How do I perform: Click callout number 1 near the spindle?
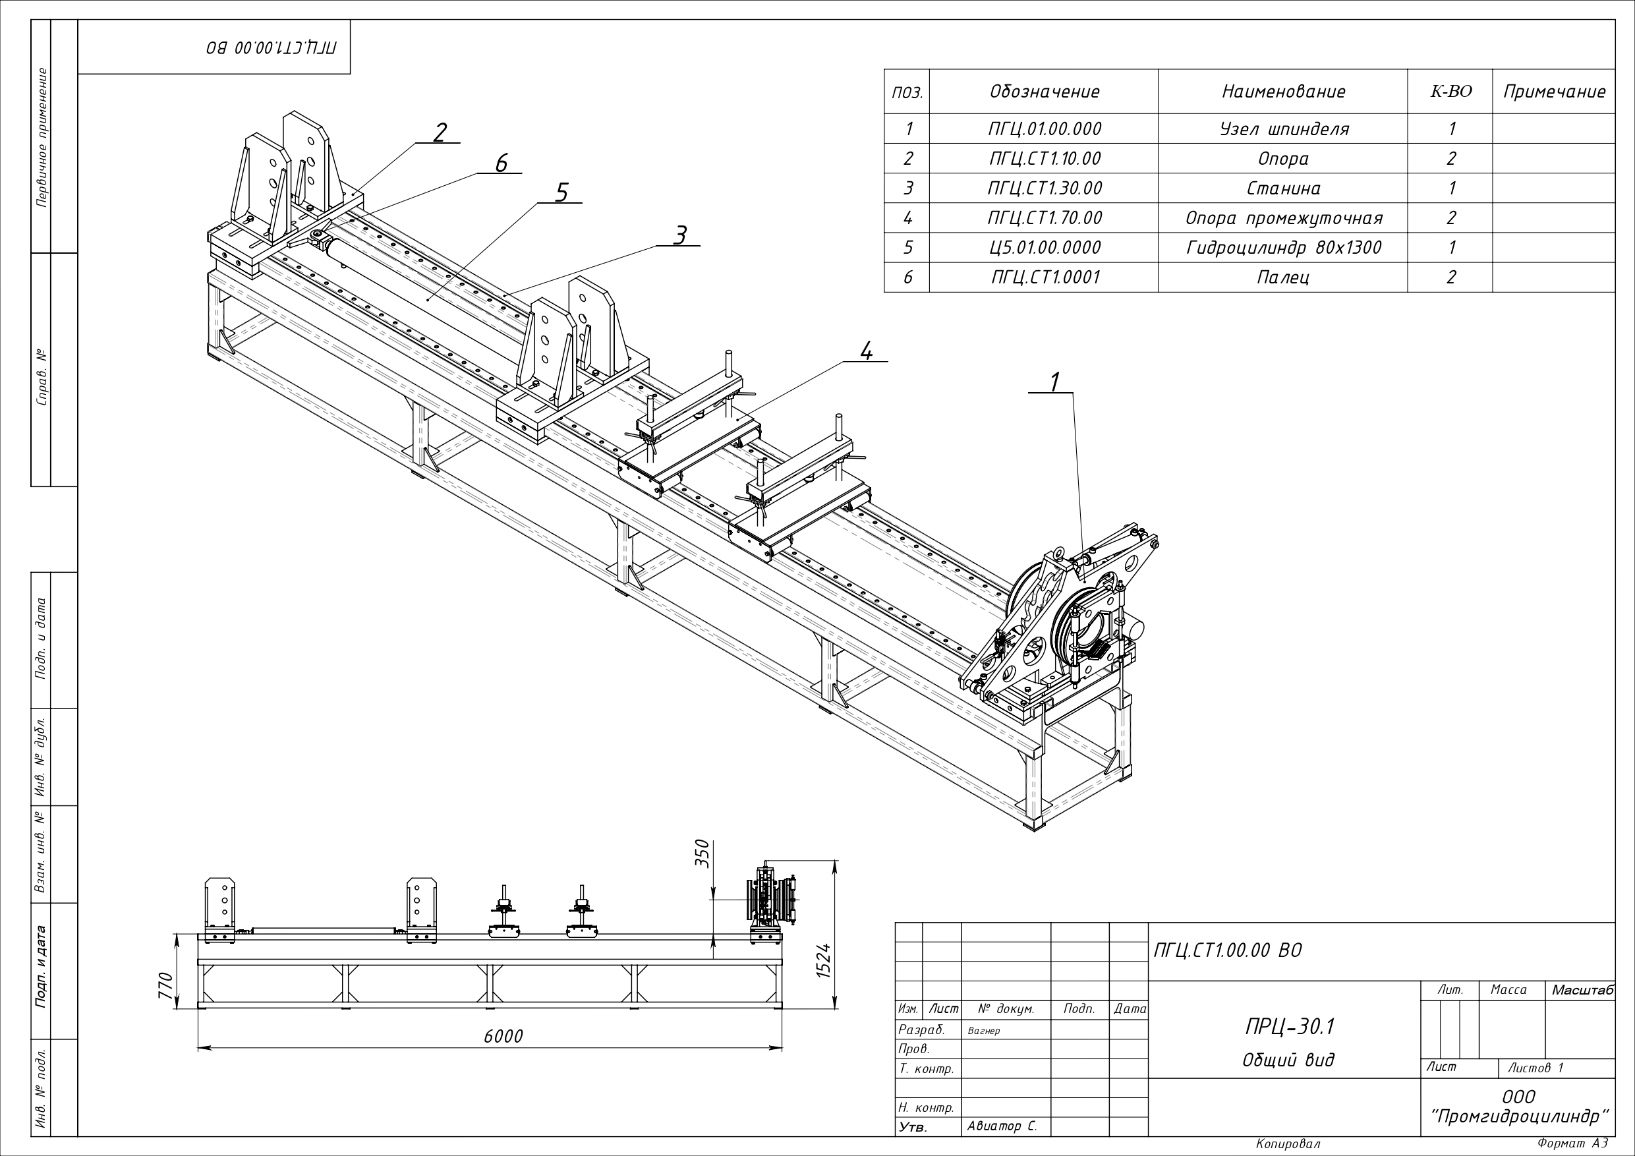pyautogui.click(x=1055, y=382)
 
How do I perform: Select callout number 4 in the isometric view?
pyautogui.click(x=866, y=351)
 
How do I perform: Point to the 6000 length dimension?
pyautogui.click(x=503, y=1035)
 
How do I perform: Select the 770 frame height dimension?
pyautogui.click(x=166, y=986)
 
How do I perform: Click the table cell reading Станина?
pyautogui.click(x=1282, y=188)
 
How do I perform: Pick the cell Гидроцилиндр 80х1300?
pyautogui.click(x=1282, y=248)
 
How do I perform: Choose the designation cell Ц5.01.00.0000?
pyautogui.click(x=1045, y=248)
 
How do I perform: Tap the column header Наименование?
pyautogui.click(x=1283, y=92)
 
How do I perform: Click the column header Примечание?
pyautogui.click(x=1554, y=92)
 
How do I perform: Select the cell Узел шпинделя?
pyautogui.click(x=1282, y=129)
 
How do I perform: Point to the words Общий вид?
pyautogui.click(x=1289, y=1060)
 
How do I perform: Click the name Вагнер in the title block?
pyautogui.click(x=984, y=1031)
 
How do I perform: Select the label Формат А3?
pyautogui.click(x=1572, y=1143)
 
